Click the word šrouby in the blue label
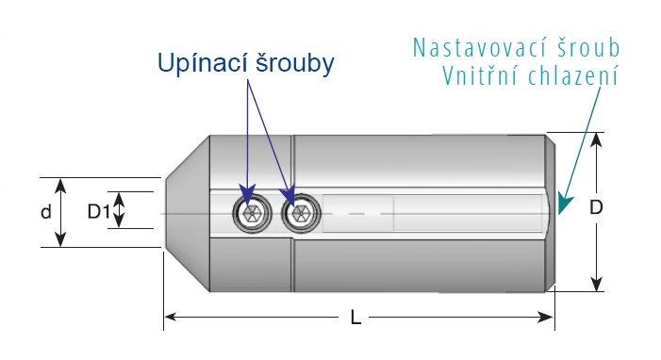(295, 64)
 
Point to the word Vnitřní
(479, 76)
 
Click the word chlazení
(573, 76)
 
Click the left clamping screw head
(252, 213)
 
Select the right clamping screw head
(301, 213)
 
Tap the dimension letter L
(355, 318)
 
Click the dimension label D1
(98, 211)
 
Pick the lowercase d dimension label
(46, 212)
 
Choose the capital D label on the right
(596, 207)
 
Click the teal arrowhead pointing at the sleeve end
(564, 205)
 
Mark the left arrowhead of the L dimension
(170, 317)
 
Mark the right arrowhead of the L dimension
(547, 317)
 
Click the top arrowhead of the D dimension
(596, 139)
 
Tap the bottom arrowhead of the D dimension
(596, 285)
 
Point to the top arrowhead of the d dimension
(60, 185)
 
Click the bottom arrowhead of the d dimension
(60, 239)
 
